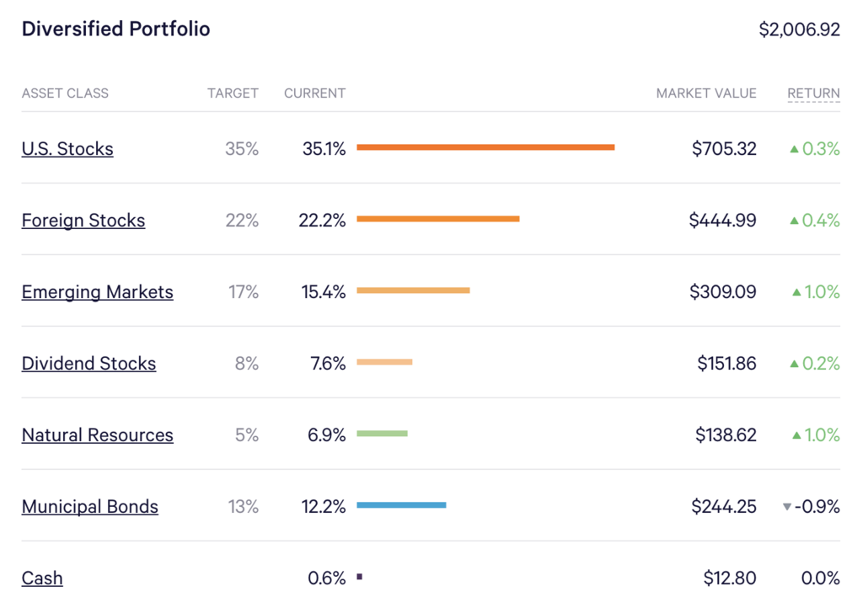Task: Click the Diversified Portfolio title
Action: (115, 29)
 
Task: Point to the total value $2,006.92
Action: (799, 29)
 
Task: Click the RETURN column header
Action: (813, 93)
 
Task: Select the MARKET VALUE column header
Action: (706, 93)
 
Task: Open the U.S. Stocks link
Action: (67, 149)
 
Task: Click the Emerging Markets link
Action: (98, 292)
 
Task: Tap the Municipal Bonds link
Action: (90, 507)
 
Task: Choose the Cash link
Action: (42, 578)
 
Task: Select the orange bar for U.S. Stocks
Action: (485, 147)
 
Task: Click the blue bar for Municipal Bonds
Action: (401, 505)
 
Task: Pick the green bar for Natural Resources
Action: (382, 434)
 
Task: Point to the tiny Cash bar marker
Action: (359, 577)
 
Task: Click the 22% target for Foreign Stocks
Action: (243, 221)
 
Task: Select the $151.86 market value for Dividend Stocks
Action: (726, 364)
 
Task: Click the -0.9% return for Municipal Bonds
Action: (818, 507)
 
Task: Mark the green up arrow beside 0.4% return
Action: (794, 221)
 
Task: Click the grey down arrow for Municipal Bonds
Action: (787, 507)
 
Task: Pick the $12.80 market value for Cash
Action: (730, 578)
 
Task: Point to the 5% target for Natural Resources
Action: (246, 435)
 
